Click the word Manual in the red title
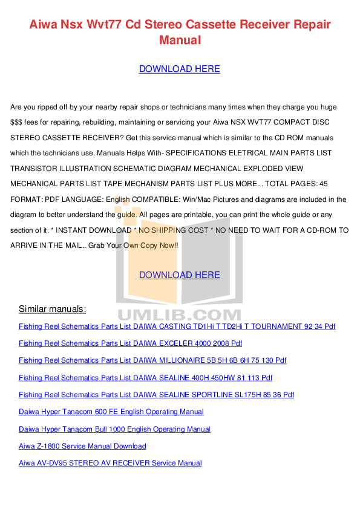click(180, 41)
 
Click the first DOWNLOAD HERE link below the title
click(179, 69)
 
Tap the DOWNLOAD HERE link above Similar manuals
click(179, 275)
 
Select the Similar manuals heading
click(52, 309)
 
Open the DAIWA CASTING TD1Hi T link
click(177, 326)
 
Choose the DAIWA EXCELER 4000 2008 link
click(130, 343)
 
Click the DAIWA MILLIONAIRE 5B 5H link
click(152, 360)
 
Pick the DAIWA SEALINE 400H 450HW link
click(145, 378)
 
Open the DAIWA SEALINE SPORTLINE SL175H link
click(156, 395)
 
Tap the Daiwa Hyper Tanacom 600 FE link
click(111, 412)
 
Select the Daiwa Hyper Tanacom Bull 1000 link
click(114, 429)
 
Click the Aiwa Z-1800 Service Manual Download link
click(82, 446)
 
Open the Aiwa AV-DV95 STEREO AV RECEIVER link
click(110, 463)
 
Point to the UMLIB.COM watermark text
click(179, 315)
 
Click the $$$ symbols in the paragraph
click(16, 122)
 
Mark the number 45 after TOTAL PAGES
click(324, 184)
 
